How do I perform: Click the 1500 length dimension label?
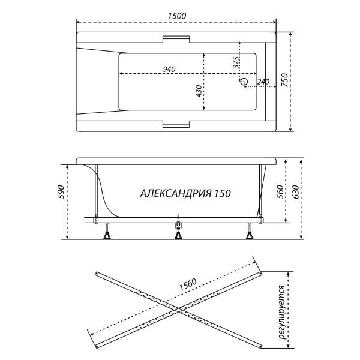[177, 16]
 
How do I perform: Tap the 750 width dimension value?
[284, 80]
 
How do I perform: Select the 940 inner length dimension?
[169, 69]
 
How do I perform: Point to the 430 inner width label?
[199, 91]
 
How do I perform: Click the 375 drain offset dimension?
[236, 62]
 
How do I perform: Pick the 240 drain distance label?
[263, 82]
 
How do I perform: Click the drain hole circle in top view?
[244, 81]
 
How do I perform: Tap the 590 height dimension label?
[61, 192]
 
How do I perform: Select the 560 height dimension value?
[280, 191]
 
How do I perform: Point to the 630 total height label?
[295, 192]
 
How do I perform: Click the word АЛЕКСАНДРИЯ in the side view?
[176, 193]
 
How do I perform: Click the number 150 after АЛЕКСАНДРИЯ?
[223, 193]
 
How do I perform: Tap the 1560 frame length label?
[188, 284]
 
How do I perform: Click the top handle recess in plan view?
[176, 39]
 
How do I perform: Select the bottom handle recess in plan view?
[176, 124]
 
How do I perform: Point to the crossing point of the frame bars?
[178, 310]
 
